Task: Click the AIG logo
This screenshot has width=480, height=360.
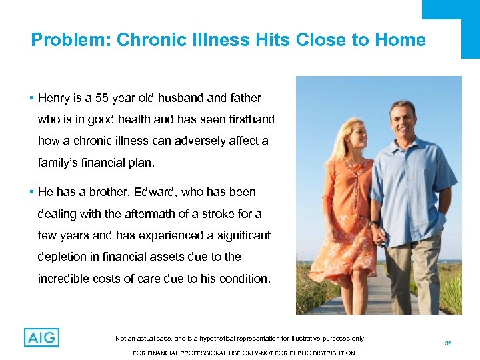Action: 41,337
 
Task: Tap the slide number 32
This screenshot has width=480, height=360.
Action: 448,343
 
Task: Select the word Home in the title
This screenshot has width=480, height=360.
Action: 399,40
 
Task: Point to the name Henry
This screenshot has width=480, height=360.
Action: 54,98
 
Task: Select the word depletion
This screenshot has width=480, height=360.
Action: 63,257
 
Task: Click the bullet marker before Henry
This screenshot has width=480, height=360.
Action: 33,98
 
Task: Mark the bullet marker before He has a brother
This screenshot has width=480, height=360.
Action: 33,192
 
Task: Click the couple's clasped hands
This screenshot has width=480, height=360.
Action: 377,235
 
